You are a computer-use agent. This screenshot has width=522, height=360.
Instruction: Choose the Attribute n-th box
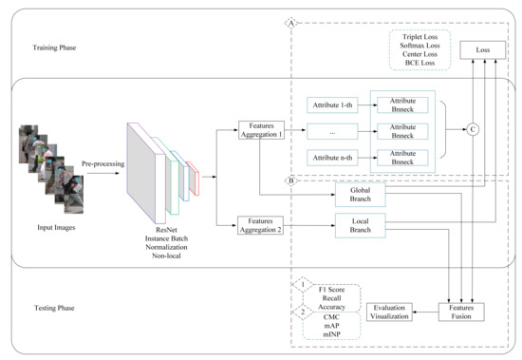click(332, 157)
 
